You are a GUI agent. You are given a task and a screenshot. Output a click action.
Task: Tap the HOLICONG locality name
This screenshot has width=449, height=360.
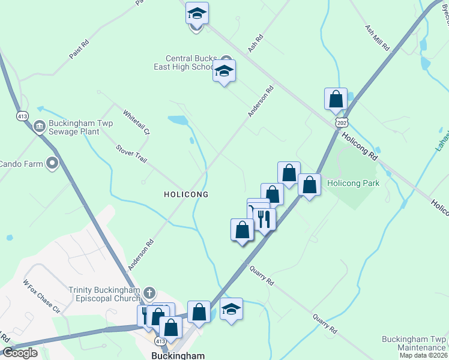pos(186,194)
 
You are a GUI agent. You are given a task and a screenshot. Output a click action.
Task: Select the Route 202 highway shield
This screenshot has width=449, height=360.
pos(342,122)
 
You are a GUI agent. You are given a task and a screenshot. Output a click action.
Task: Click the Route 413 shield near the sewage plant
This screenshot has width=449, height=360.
pos(23,116)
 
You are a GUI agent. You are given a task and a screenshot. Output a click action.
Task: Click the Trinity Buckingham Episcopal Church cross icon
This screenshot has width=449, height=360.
pos(149,294)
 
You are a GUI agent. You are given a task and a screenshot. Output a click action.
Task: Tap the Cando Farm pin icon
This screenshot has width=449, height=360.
pos(52,163)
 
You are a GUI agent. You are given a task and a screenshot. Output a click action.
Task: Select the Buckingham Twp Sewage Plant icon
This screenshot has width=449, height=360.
pos(40,126)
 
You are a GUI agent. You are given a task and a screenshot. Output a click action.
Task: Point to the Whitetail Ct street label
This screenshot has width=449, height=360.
pos(136,122)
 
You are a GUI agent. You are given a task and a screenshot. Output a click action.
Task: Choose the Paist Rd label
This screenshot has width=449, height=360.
pos(79,49)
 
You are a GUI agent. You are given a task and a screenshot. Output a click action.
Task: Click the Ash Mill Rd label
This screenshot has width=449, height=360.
pos(378,38)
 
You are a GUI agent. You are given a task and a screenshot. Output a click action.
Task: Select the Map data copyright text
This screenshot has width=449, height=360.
pos(423,355)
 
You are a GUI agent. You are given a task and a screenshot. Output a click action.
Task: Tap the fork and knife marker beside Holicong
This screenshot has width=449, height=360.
pos(265,219)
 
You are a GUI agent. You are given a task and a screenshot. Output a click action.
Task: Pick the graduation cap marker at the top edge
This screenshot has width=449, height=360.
pos(196,13)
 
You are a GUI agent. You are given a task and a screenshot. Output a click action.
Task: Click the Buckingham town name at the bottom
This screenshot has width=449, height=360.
pos(175,355)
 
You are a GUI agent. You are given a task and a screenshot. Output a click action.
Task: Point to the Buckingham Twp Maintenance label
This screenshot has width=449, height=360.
pos(414,343)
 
